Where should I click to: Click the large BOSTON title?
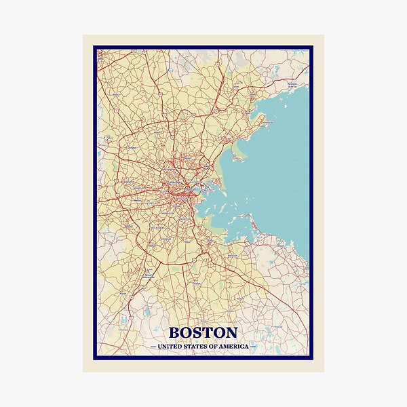203,332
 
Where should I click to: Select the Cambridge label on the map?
175,183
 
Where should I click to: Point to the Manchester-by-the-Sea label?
292,87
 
